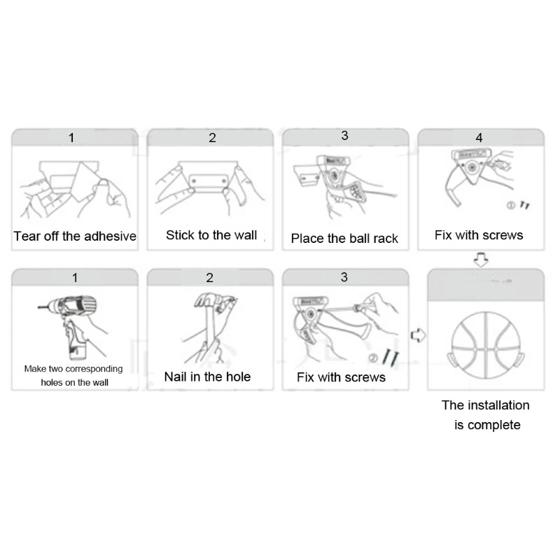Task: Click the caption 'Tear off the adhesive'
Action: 75,236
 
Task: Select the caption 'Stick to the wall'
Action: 211,235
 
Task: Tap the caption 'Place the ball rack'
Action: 344,239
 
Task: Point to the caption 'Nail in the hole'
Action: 207,377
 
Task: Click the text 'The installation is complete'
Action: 486,414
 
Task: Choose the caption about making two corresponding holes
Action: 73,375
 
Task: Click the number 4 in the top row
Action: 479,138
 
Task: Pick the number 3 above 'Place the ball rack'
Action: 344,136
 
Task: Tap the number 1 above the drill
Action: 75,278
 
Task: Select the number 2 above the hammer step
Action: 209,277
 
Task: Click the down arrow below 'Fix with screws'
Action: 481,260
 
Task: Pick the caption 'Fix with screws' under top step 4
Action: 479,235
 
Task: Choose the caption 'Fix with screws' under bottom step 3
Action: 341,377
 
